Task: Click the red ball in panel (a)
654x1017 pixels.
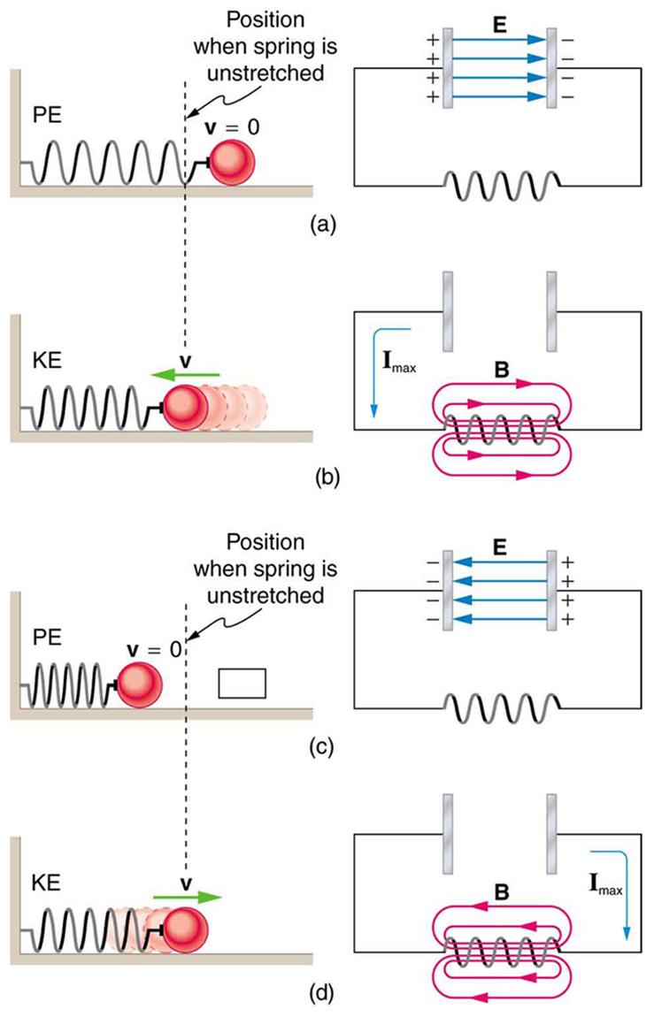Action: point(233,161)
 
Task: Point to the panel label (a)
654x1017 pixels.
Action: point(323,225)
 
